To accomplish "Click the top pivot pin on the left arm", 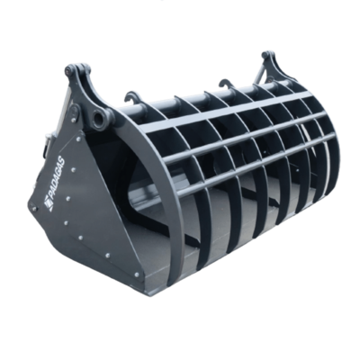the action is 71,69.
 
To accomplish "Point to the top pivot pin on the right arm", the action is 265,55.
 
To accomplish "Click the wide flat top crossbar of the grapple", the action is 228,112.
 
